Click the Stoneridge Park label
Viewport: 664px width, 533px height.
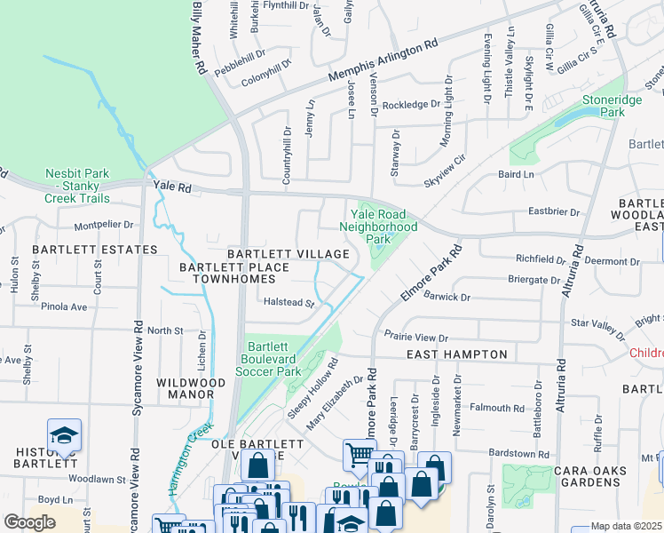(x=612, y=107)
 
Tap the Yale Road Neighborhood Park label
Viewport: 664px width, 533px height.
(x=378, y=227)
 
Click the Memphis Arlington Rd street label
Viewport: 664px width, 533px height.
(x=384, y=62)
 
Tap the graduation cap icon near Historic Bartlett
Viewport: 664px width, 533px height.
(x=64, y=435)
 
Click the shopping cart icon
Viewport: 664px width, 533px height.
(x=360, y=455)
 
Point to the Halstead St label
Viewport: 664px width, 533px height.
(x=289, y=303)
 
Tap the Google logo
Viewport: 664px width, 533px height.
(x=29, y=522)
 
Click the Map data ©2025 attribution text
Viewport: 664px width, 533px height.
(x=627, y=526)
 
